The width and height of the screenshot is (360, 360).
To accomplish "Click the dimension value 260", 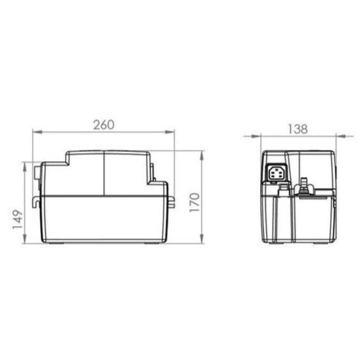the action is point(103,125).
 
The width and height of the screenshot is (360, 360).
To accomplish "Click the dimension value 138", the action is point(298,129).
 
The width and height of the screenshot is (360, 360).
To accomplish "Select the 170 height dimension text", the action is point(195,202).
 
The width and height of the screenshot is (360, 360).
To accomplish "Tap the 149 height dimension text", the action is point(17,219).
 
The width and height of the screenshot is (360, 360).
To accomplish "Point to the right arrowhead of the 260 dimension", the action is point(169,132).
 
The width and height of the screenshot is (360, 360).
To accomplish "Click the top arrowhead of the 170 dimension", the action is point(202,156).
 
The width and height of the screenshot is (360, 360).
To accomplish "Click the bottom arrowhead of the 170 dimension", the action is point(202,238).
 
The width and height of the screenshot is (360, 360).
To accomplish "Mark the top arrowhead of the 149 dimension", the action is point(25,167).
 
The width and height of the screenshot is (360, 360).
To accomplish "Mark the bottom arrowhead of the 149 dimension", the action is point(25,238).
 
